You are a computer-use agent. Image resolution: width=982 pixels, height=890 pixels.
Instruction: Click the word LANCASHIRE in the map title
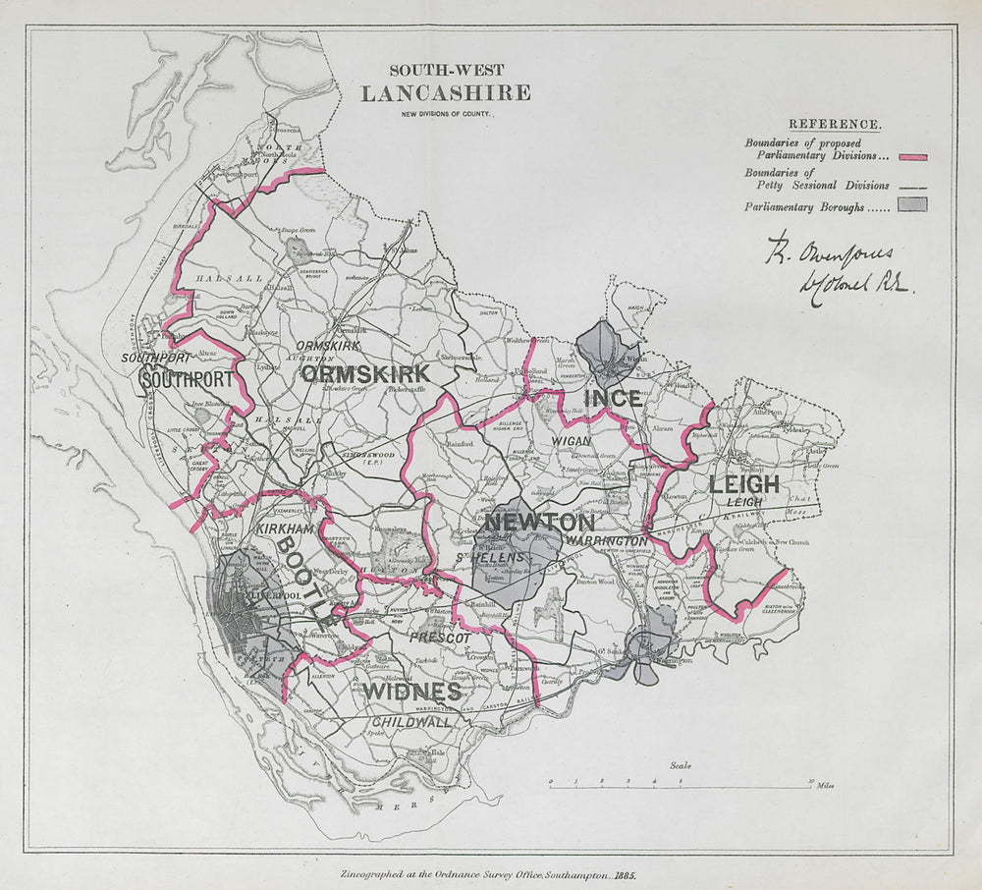(x=445, y=93)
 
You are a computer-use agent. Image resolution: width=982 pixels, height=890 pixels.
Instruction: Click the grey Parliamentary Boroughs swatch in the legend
(x=911, y=206)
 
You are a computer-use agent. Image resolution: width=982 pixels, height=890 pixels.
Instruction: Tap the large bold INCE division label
(x=613, y=398)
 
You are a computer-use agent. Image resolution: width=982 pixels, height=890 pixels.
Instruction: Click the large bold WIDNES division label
(x=411, y=692)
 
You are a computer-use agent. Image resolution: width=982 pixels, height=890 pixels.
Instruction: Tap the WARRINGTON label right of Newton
(x=606, y=541)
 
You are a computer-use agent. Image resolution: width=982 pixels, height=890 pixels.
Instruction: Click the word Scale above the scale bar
(x=680, y=765)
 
